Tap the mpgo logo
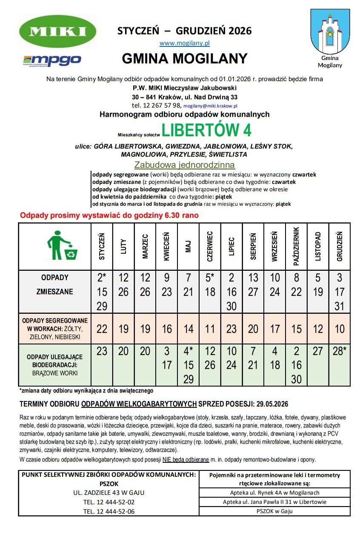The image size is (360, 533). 52,60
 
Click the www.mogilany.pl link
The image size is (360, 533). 185,43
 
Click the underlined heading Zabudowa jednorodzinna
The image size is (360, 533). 185,165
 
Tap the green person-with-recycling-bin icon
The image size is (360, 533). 61,246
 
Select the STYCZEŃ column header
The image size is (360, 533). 102,246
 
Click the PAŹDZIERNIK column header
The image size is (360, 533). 297,246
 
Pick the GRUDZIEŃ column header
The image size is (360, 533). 340,246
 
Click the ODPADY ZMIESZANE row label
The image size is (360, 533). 55,285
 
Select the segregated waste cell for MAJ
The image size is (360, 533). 189,329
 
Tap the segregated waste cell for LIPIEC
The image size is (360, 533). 231,329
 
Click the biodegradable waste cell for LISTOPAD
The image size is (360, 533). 318,351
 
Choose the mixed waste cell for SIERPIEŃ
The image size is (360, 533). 253,285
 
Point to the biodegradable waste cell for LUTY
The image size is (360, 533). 123,351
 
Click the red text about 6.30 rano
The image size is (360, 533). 109,215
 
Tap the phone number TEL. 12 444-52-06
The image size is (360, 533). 109,511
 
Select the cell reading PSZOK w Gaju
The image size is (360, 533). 275,511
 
